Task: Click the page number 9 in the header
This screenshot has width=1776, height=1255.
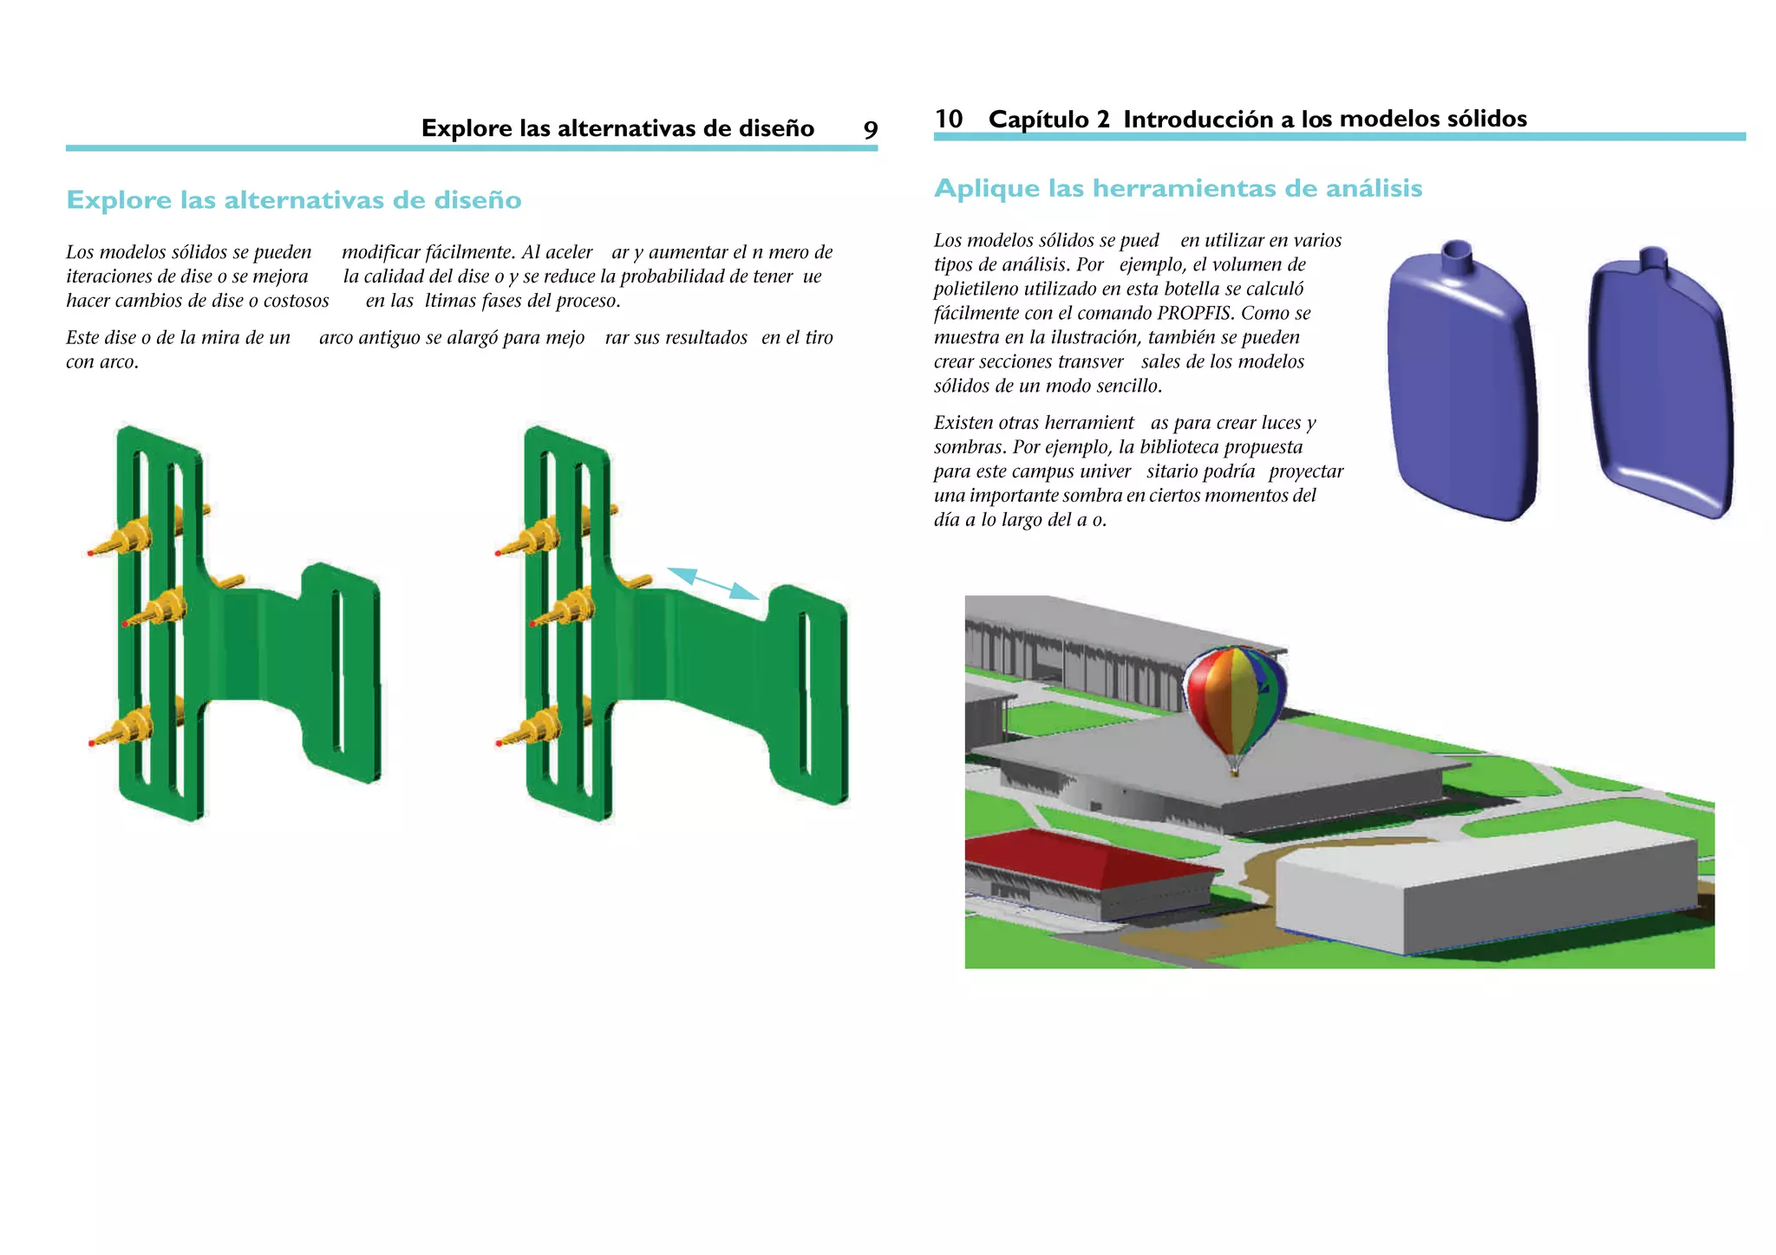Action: coord(870,130)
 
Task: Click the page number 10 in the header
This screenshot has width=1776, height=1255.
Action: coord(949,119)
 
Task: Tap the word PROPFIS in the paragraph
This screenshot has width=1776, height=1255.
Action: coord(1200,313)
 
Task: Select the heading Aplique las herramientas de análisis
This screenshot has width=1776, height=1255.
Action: coord(1178,188)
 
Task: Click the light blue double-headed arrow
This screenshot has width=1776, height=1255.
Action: coord(713,582)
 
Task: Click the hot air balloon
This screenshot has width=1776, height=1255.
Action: coord(1235,702)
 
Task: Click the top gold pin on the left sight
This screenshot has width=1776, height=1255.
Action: coord(127,538)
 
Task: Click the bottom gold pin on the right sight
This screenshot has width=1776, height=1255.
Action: coord(532,728)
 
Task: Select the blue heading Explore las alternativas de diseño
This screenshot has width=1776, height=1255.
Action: coord(294,200)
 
